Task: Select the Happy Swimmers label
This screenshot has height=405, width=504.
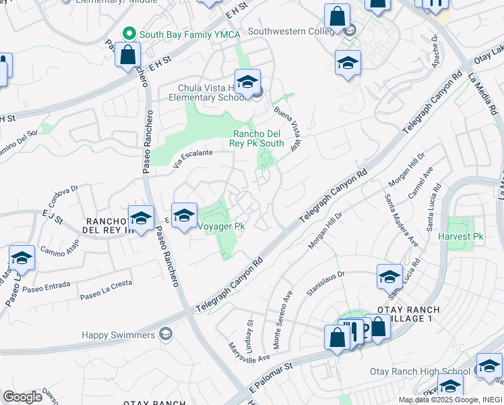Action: tap(119, 335)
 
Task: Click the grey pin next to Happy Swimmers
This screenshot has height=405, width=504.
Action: tap(165, 335)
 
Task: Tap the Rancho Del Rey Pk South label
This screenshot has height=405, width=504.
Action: tap(258, 138)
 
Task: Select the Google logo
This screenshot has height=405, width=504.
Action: tap(22, 397)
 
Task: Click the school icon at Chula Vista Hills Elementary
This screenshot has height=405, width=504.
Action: tap(247, 82)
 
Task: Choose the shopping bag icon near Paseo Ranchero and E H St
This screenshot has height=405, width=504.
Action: tap(127, 53)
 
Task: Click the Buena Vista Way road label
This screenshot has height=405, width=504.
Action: tap(287, 128)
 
